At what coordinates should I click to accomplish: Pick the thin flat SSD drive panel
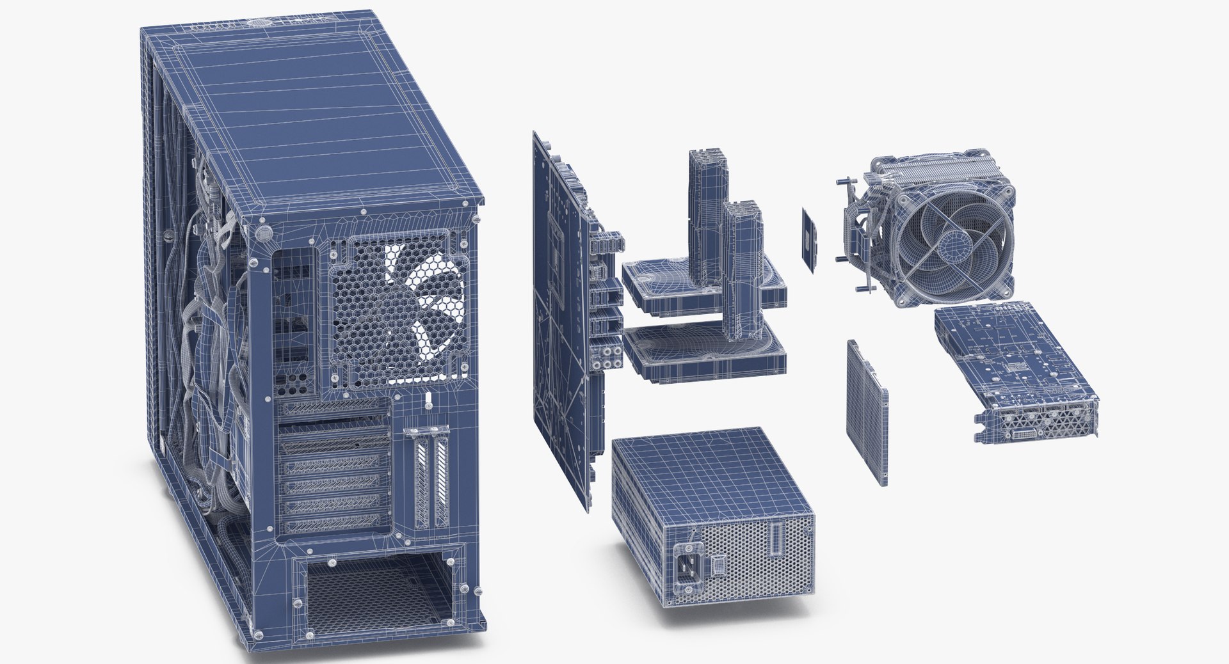(867, 413)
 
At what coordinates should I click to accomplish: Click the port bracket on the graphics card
(1037, 425)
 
